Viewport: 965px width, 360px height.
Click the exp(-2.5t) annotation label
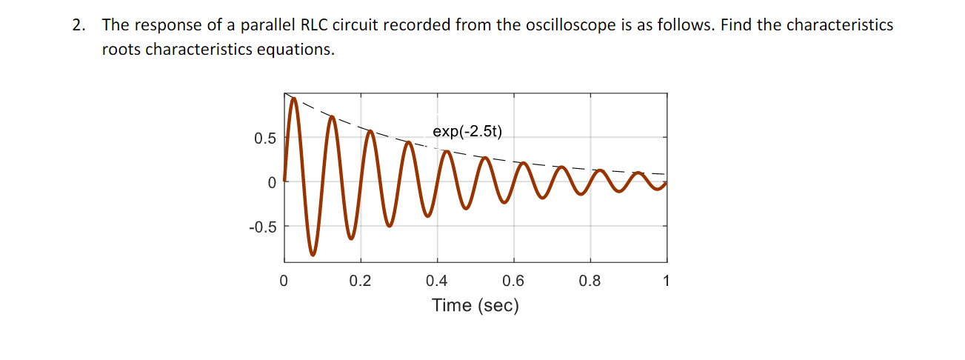(x=467, y=132)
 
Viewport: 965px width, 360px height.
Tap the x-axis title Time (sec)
(x=475, y=305)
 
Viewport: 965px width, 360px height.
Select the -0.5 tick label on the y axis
(x=262, y=227)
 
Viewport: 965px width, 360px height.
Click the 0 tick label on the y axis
(x=272, y=182)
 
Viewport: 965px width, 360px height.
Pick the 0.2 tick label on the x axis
(x=360, y=281)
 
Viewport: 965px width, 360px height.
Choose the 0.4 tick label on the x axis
(x=437, y=281)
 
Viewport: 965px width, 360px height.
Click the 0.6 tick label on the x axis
(x=513, y=281)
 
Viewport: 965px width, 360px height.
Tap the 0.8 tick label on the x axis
(x=590, y=281)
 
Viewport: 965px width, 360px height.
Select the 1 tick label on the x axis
(x=667, y=281)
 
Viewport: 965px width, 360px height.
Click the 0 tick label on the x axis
(x=284, y=281)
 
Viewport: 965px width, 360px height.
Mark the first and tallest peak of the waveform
(x=293, y=99)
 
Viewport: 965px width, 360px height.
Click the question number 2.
(x=77, y=25)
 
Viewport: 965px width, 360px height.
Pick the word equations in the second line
(x=295, y=51)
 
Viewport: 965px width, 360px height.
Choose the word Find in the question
(x=735, y=25)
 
